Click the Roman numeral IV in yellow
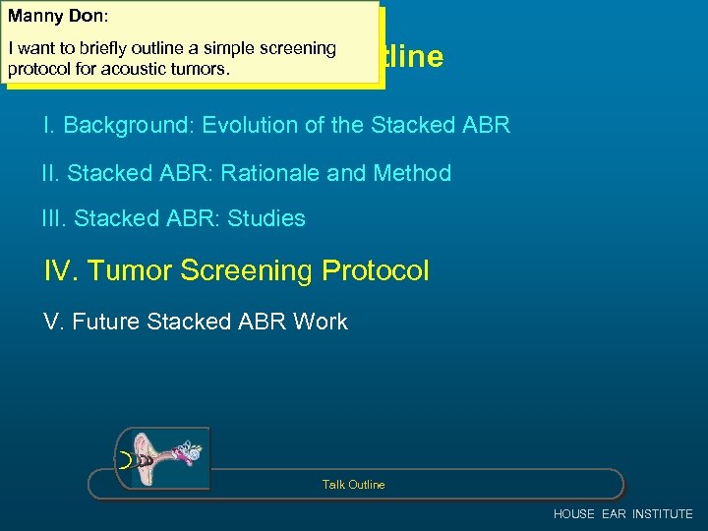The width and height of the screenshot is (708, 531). click(x=61, y=270)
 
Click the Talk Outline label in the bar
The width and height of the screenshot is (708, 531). click(x=353, y=485)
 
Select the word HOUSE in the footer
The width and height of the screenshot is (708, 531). click(x=574, y=514)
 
